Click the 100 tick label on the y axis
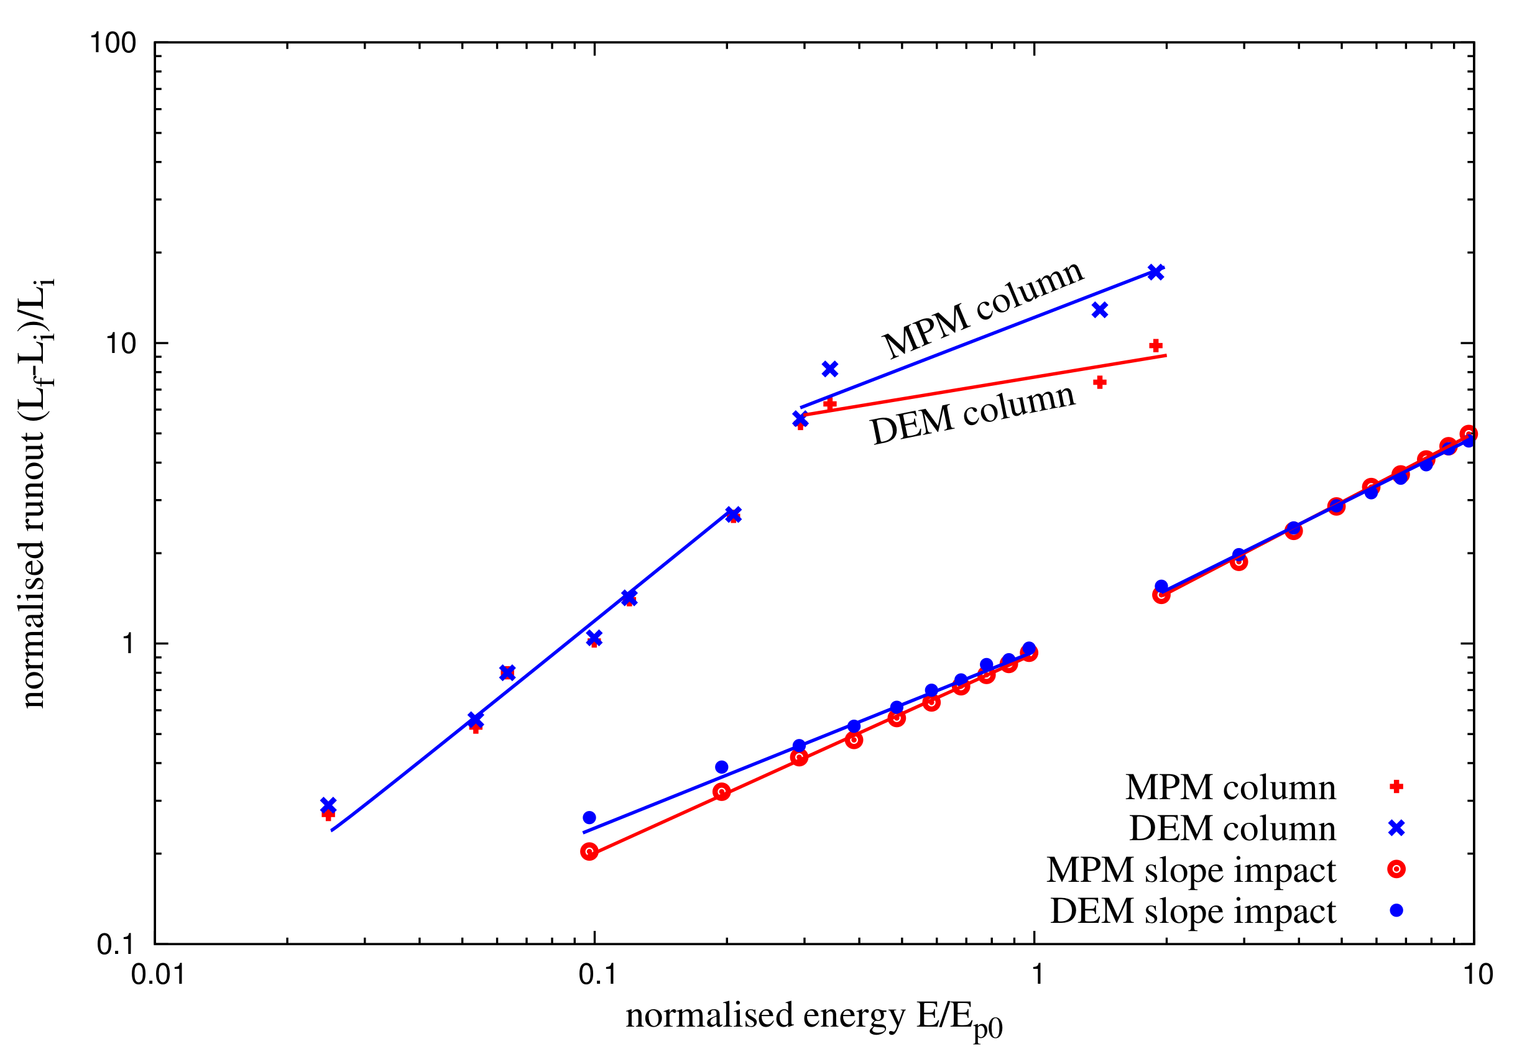(x=113, y=44)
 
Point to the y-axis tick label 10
(x=121, y=343)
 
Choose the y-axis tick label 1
(x=128, y=644)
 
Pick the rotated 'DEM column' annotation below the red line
(x=973, y=414)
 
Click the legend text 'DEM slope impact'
(x=1193, y=911)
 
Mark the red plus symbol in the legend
(x=1396, y=787)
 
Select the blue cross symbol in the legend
(x=1396, y=828)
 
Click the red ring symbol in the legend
(x=1396, y=869)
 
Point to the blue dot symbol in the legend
(x=1396, y=910)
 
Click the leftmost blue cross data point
(x=328, y=805)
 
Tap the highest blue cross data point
(x=1155, y=272)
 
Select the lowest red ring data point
(x=589, y=852)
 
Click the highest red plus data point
(x=1155, y=346)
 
